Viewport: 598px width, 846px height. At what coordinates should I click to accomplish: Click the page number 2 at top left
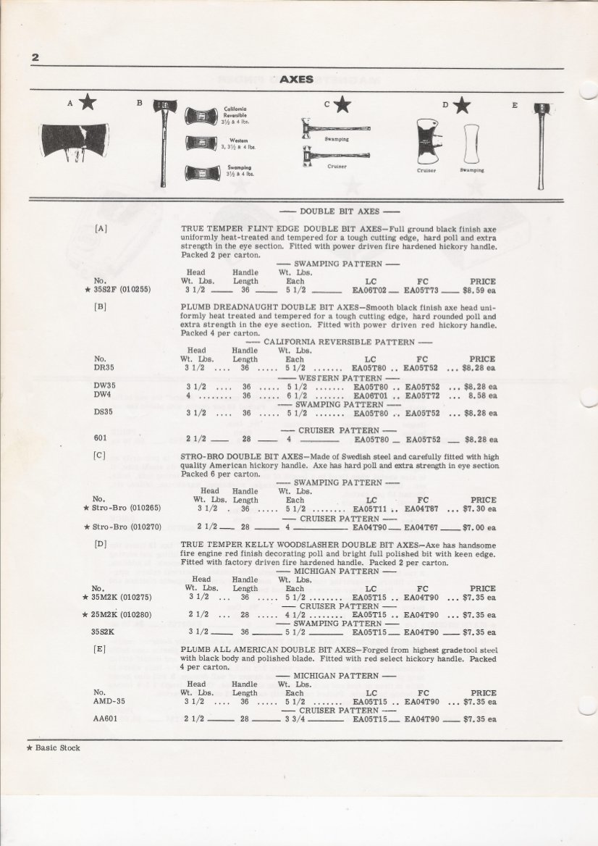(x=34, y=58)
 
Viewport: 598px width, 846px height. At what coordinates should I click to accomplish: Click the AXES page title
(x=296, y=79)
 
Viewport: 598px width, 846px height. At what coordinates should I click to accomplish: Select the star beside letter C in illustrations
(x=342, y=105)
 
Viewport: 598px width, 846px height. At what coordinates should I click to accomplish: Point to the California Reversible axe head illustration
(x=201, y=116)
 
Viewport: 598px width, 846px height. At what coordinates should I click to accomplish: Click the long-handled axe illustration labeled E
(x=539, y=146)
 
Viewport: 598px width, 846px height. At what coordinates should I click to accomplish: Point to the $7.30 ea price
(x=481, y=509)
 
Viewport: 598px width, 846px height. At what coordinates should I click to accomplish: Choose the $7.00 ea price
(x=481, y=527)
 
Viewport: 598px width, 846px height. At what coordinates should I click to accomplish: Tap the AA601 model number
(x=106, y=719)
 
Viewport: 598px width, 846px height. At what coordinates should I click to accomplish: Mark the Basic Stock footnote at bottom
(x=54, y=747)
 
